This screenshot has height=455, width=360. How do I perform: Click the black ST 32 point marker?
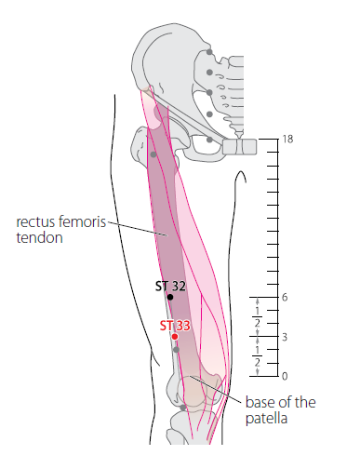tap(170, 297)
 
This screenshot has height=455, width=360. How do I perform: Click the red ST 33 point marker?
tap(175, 337)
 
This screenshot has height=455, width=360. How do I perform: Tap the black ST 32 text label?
tap(170, 286)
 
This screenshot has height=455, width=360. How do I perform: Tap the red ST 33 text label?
tap(175, 326)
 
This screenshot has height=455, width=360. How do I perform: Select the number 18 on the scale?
tap(287, 140)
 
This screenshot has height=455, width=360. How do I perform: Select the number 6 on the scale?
tap(285, 298)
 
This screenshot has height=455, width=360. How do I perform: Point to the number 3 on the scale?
tap(285, 337)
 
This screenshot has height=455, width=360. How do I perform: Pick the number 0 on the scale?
tap(285, 376)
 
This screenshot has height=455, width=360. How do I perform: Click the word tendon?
tap(39, 237)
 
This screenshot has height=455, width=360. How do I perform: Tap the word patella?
tap(266, 419)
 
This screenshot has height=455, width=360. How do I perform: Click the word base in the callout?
tap(258, 402)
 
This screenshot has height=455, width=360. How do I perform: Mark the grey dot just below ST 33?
tap(176, 350)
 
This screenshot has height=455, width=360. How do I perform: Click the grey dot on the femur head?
tap(153, 154)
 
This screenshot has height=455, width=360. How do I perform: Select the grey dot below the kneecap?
tap(183, 408)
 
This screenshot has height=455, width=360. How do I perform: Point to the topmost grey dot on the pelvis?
tap(209, 52)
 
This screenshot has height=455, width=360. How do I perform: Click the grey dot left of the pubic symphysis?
tap(209, 140)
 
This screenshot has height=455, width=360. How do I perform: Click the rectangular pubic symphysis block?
tap(240, 147)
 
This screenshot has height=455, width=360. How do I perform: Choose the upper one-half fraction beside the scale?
tap(258, 317)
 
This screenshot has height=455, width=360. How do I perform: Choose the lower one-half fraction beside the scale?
tap(258, 356)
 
